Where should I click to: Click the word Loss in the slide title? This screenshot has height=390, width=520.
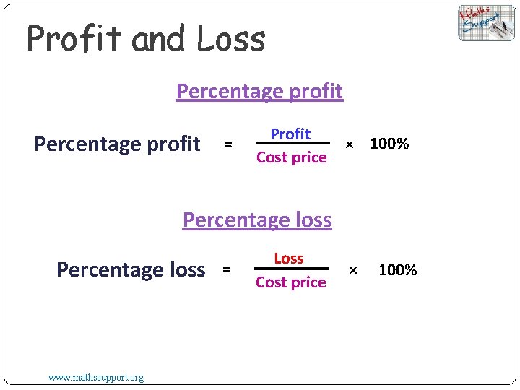231,40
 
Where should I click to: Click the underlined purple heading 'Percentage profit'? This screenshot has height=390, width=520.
259,92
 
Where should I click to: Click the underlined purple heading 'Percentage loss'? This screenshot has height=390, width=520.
257,220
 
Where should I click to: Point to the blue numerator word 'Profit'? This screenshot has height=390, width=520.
290,134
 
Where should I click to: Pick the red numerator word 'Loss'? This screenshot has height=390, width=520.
289,259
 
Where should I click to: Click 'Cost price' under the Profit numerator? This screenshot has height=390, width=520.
291,157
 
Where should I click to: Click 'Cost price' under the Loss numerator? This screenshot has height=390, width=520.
291,282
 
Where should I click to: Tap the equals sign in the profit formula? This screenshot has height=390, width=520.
227,145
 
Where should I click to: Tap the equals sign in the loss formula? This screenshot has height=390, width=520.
226,270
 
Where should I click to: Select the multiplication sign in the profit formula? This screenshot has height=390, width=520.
350,144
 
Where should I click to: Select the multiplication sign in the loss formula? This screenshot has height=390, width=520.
353,270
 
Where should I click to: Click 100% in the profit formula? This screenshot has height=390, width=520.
389,144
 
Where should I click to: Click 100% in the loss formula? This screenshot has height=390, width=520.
398,270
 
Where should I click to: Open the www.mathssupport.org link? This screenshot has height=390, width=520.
95,377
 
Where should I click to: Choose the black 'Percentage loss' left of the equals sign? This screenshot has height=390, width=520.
131,270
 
